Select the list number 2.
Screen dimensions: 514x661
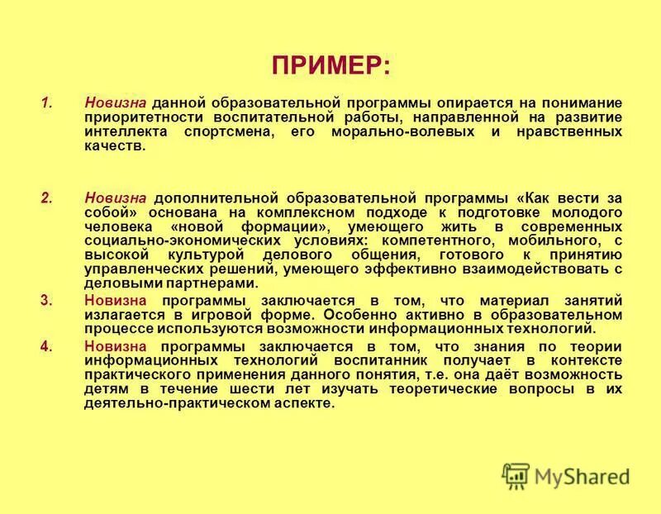click(x=46, y=198)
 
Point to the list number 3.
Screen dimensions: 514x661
click(x=46, y=301)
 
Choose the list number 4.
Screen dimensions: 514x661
click(x=46, y=345)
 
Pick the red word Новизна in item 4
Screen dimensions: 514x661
click(x=116, y=345)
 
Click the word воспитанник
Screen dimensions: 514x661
click(x=381, y=360)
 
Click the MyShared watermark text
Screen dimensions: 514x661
click(x=582, y=476)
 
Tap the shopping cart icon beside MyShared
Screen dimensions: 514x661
click(x=516, y=475)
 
